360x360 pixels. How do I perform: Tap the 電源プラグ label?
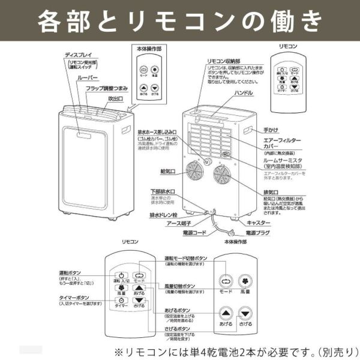[260, 232]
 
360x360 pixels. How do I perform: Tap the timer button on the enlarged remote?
[119, 300]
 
